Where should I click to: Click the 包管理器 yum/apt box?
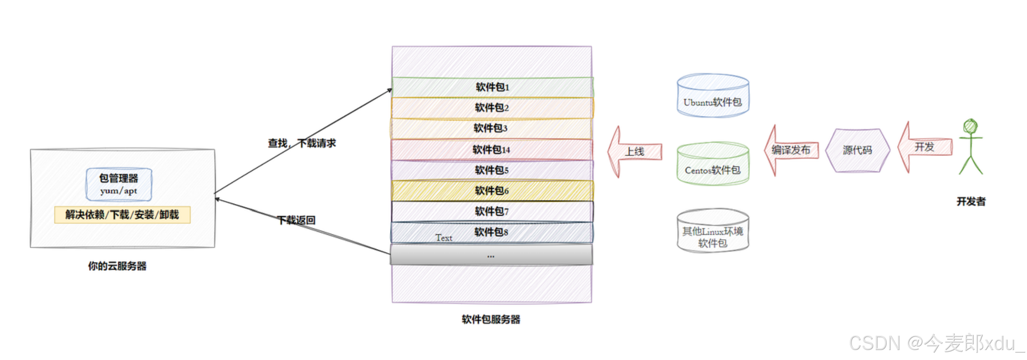[x=119, y=185]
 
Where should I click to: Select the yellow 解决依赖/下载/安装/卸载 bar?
[x=122, y=215]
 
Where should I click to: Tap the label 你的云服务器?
[x=117, y=266]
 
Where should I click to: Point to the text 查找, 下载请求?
[x=302, y=143]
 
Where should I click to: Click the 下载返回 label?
[x=296, y=220]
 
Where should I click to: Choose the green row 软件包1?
[x=492, y=87]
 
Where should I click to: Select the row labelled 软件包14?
[x=491, y=150]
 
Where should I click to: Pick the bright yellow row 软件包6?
[x=492, y=191]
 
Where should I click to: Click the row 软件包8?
[x=491, y=232]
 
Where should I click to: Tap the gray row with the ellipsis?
[x=491, y=255]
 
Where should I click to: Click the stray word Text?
[x=444, y=238]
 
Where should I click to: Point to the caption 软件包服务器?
[x=491, y=320]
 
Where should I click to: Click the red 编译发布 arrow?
[x=791, y=150]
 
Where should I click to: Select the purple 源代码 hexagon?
[x=857, y=150]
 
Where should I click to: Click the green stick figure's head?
[x=970, y=126]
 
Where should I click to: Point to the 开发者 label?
[x=971, y=201]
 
